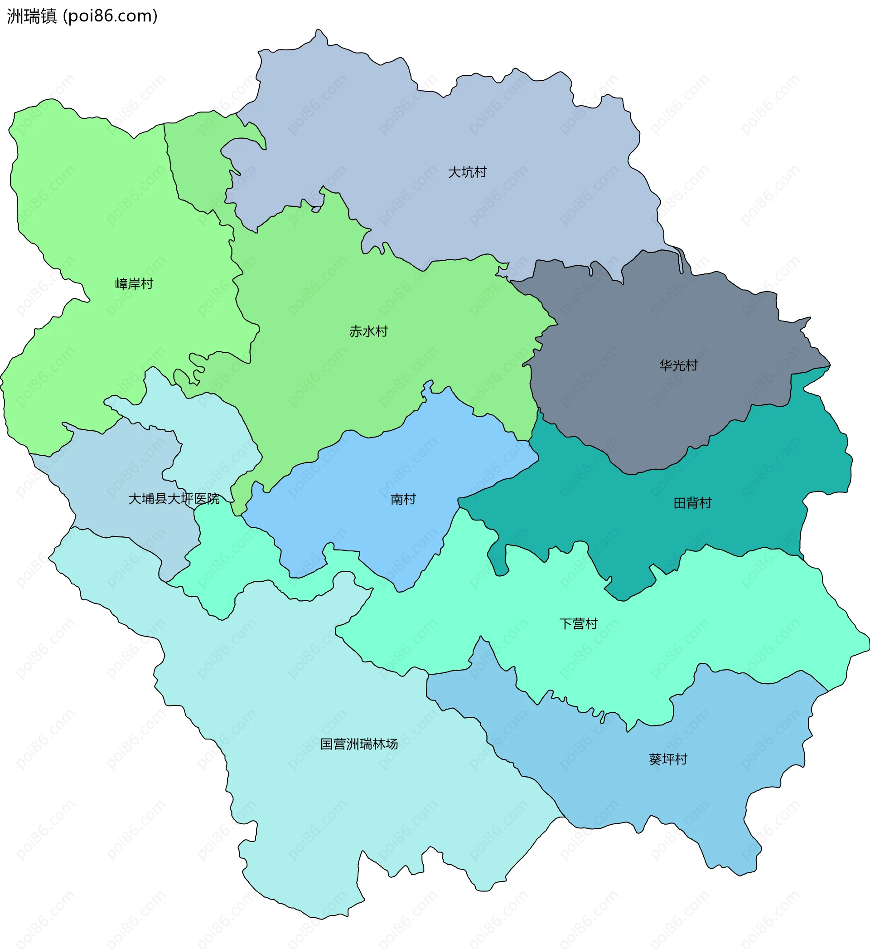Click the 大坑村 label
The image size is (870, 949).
[467, 172]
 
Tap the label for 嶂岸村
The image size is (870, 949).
[134, 284]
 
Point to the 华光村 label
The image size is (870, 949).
[678, 365]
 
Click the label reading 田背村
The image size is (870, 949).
[692, 503]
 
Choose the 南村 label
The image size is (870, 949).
[403, 499]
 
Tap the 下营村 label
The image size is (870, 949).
[578, 624]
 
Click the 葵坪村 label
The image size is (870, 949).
[667, 759]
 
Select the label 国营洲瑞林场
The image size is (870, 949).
[359, 744]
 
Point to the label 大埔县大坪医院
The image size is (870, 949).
[174, 499]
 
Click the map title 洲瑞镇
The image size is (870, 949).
[32, 16]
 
